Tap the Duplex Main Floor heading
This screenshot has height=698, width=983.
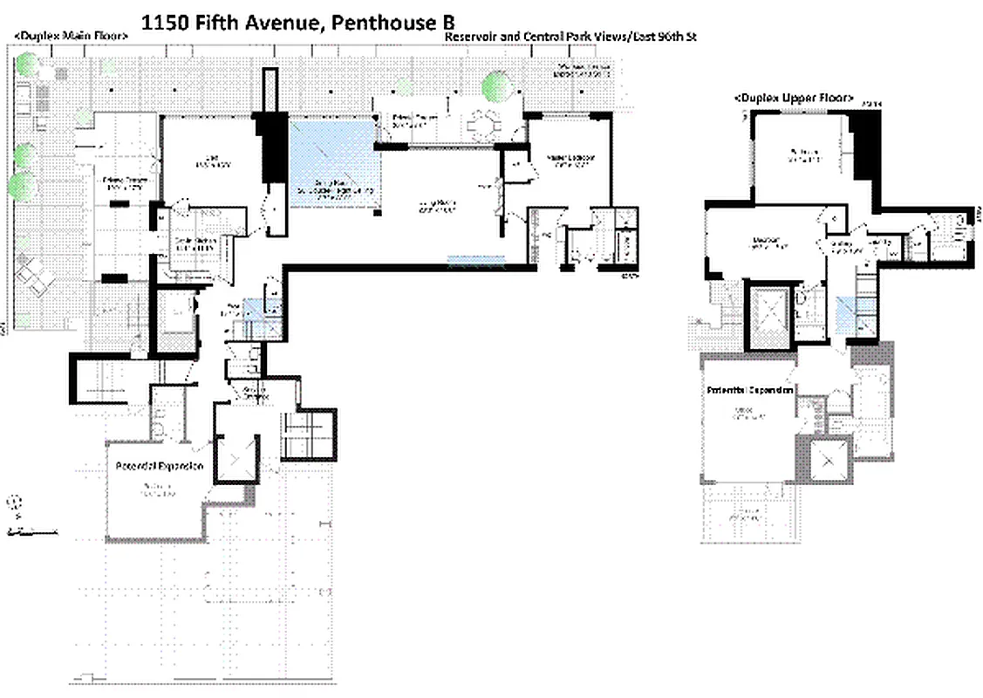coord(71,36)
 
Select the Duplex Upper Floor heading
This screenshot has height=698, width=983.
coord(793,98)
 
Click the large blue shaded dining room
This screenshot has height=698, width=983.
coord(332,164)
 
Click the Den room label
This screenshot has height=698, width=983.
coord(212,161)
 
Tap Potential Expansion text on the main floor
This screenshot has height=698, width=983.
coord(160,466)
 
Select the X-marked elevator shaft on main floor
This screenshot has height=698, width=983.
coord(236,457)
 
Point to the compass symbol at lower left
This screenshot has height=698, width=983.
coord(15,503)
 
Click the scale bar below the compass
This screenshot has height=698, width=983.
coord(31,530)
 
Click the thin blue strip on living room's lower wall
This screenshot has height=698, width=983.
coord(476,259)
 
